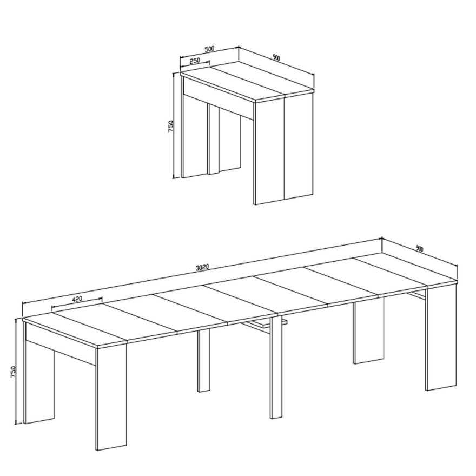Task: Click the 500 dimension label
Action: click(x=209, y=49)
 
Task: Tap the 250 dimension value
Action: click(x=195, y=61)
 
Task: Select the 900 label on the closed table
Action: click(x=276, y=57)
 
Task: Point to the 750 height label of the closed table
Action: click(x=170, y=126)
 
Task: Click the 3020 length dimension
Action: click(x=202, y=267)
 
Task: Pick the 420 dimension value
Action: click(x=77, y=299)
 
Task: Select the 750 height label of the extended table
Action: click(x=13, y=372)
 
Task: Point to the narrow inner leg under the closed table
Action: click(x=214, y=140)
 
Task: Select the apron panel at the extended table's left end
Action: click(x=61, y=343)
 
